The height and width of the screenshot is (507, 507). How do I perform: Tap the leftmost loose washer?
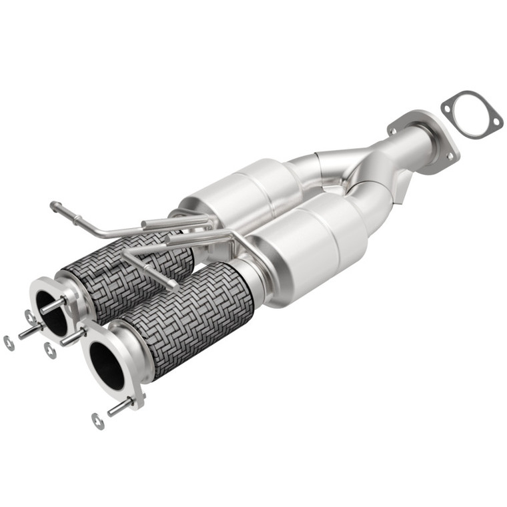coord(9,343)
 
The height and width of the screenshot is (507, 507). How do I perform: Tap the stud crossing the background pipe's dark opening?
coord(53,308)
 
